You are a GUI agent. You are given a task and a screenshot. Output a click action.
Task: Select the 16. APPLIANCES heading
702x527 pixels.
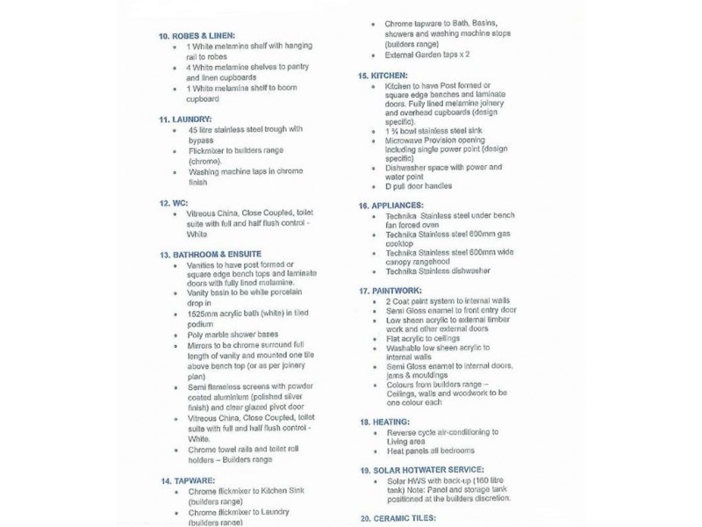tap(397, 205)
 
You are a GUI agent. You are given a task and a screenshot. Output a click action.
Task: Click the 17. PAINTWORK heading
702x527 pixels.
tap(394, 289)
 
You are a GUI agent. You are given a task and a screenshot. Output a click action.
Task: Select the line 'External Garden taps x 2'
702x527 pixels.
tap(433, 54)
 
